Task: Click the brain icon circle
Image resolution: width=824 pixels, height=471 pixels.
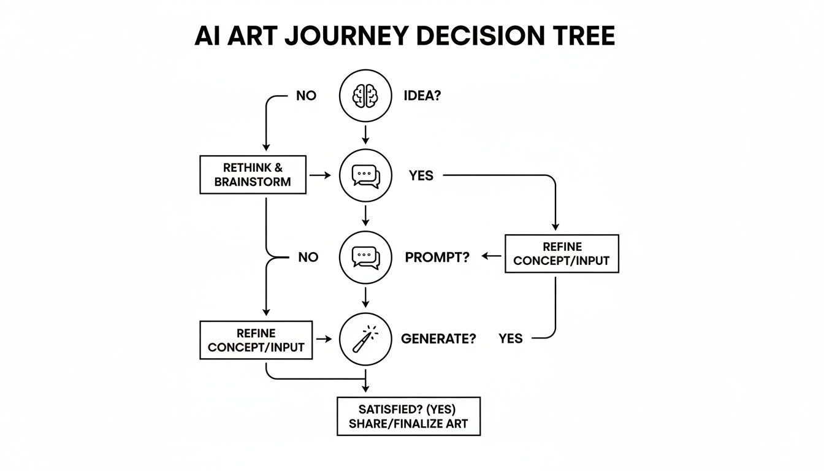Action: click(x=365, y=96)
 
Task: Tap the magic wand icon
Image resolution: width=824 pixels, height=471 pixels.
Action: click(x=365, y=338)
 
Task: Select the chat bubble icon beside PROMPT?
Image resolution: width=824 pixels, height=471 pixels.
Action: click(x=365, y=258)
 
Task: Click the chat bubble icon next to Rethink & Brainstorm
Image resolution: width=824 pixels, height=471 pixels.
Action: click(x=365, y=176)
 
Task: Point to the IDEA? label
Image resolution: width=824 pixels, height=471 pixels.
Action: click(x=422, y=96)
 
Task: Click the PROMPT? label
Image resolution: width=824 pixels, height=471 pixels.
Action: click(x=437, y=258)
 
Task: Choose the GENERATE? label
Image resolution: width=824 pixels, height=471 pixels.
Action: click(x=438, y=339)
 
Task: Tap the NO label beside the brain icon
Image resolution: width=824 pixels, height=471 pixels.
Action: click(x=306, y=96)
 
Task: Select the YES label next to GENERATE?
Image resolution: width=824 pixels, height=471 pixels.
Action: click(x=510, y=339)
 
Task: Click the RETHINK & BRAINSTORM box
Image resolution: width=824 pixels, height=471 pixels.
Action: click(x=253, y=175)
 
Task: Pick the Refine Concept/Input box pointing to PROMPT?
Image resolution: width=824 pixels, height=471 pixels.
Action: click(x=562, y=254)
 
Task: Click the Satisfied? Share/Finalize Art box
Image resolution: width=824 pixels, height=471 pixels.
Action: click(x=408, y=416)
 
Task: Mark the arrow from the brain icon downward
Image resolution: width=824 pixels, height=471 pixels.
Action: click(x=365, y=135)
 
